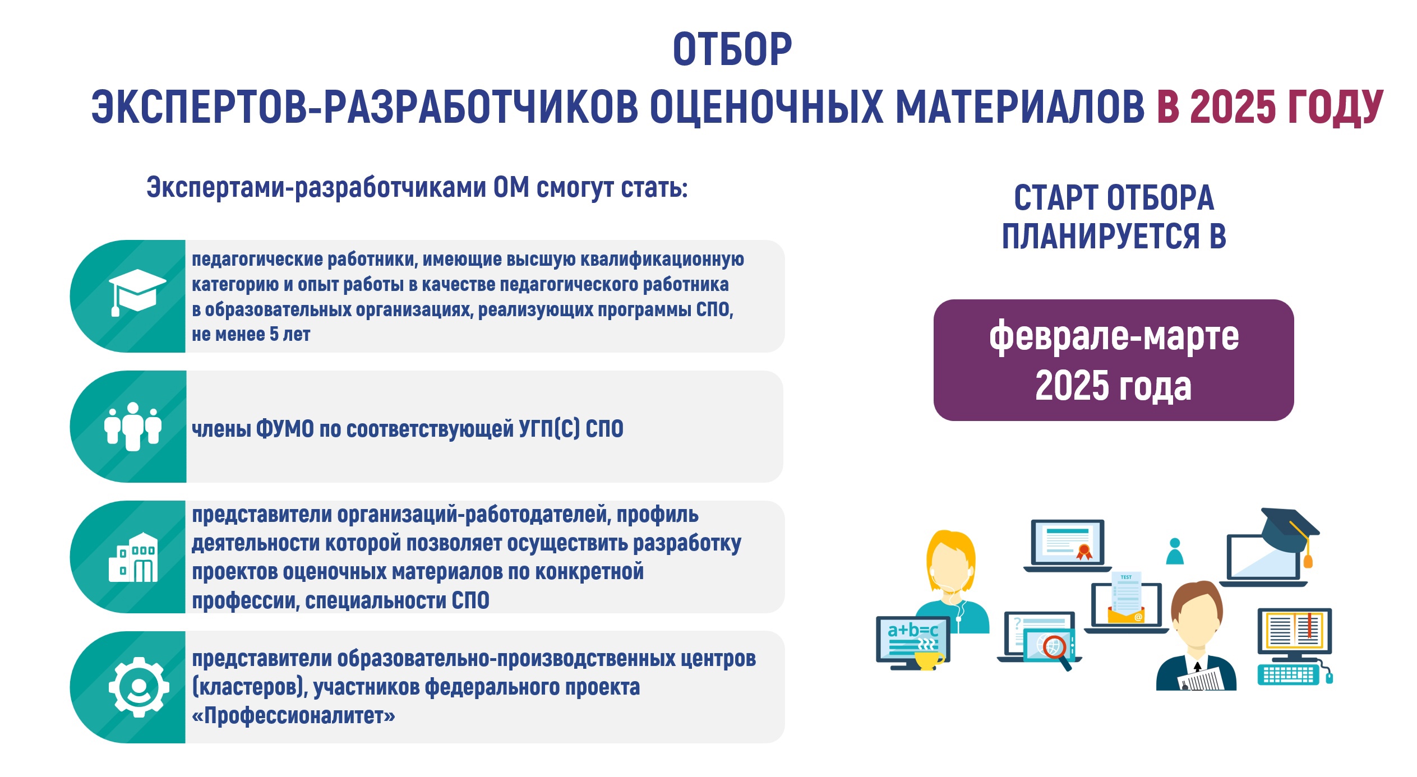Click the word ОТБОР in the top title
(x=732, y=49)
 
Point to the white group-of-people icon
(x=133, y=427)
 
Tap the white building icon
(x=133, y=557)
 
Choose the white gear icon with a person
(x=139, y=687)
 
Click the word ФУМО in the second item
(x=285, y=429)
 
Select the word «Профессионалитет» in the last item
(x=293, y=716)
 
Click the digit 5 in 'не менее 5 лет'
(x=274, y=334)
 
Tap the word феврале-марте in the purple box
(x=1114, y=336)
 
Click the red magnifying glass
(x=1056, y=652)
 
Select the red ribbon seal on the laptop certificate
(x=1084, y=552)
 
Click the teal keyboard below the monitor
(x=1289, y=674)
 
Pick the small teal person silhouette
(x=1175, y=551)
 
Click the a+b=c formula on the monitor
(x=912, y=630)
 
